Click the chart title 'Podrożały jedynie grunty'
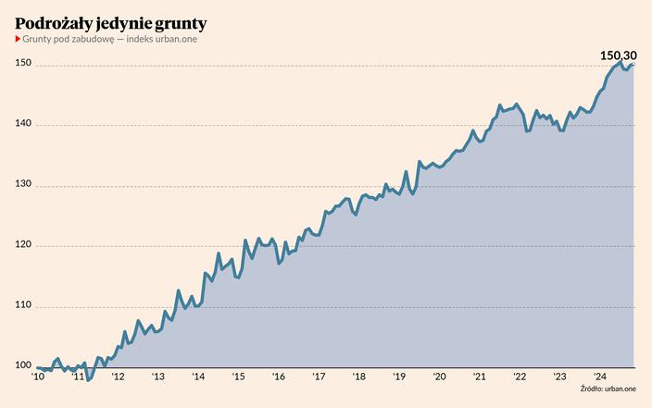(110, 21)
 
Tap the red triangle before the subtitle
(18, 38)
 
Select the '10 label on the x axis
(38, 376)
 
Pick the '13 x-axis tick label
(158, 376)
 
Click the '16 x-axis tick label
(279, 376)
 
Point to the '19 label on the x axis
(399, 376)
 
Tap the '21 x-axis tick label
(479, 376)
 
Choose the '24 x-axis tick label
(599, 376)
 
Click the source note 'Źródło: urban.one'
(609, 389)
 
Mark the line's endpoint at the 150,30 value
(633, 65)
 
